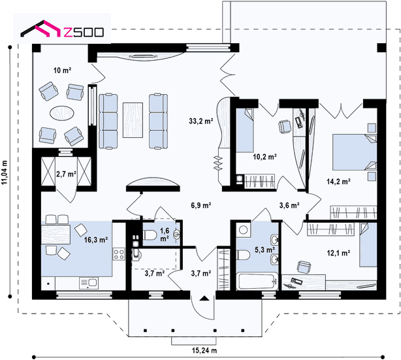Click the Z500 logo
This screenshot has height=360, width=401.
pos(62,29)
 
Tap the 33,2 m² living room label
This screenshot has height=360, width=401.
pos(201,121)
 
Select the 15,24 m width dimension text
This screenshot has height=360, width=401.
pos(204,350)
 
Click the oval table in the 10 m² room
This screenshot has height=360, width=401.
pos(62,112)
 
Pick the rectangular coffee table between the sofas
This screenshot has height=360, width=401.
pos(133,120)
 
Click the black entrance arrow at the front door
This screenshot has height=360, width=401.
pos(204,298)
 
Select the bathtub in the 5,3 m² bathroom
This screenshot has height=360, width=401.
pos(257,281)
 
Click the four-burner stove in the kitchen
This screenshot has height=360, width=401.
pos(119,254)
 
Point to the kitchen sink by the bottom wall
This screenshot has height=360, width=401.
pos(89,283)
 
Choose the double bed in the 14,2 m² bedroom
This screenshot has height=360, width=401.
pos(355,152)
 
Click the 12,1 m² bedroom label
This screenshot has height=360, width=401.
pos(338,253)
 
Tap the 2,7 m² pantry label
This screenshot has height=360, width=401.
pos(66,174)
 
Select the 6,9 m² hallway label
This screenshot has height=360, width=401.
pos(201,205)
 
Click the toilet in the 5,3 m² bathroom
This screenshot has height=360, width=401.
pos(244,255)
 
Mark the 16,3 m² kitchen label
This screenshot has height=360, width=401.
pos(96,240)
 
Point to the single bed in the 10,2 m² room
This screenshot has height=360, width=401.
pos(245,130)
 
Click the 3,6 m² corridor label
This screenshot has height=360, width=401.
pos(289,205)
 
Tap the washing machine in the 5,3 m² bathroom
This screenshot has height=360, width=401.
pos(243,229)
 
